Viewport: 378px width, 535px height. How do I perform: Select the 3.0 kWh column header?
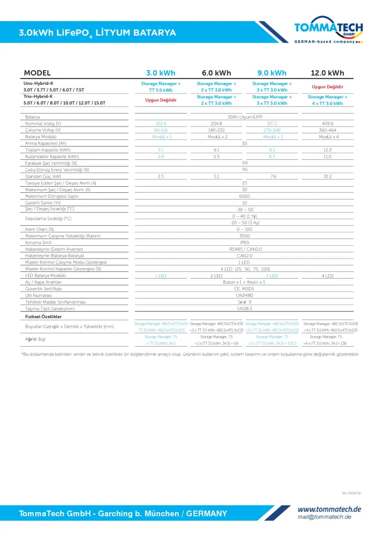point(161,73)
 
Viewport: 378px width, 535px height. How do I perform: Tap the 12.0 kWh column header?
point(327,73)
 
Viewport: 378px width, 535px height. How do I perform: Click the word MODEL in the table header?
point(37,73)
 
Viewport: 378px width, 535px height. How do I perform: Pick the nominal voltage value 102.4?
point(161,123)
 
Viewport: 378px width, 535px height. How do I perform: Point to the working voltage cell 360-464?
point(327,130)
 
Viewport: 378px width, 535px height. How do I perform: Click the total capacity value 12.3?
point(327,150)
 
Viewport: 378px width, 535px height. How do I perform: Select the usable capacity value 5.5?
point(216,157)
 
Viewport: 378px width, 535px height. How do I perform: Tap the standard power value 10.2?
point(327,177)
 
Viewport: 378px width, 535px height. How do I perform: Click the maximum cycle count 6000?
point(244,196)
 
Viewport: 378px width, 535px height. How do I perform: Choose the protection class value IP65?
point(244,242)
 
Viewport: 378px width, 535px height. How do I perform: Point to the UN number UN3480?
point(244,295)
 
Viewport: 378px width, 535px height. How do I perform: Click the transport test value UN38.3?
point(244,308)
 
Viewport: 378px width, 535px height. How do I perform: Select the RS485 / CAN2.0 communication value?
point(244,249)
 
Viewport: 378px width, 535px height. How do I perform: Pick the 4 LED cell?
point(327,276)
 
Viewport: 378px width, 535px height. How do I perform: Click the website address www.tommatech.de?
point(329,509)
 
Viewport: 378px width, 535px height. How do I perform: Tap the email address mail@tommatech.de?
point(324,517)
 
